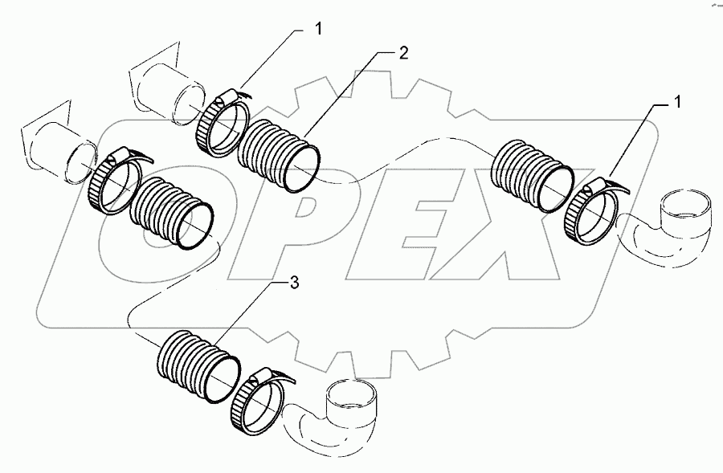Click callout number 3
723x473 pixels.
click(x=296, y=283)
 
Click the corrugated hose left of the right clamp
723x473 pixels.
click(x=530, y=174)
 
